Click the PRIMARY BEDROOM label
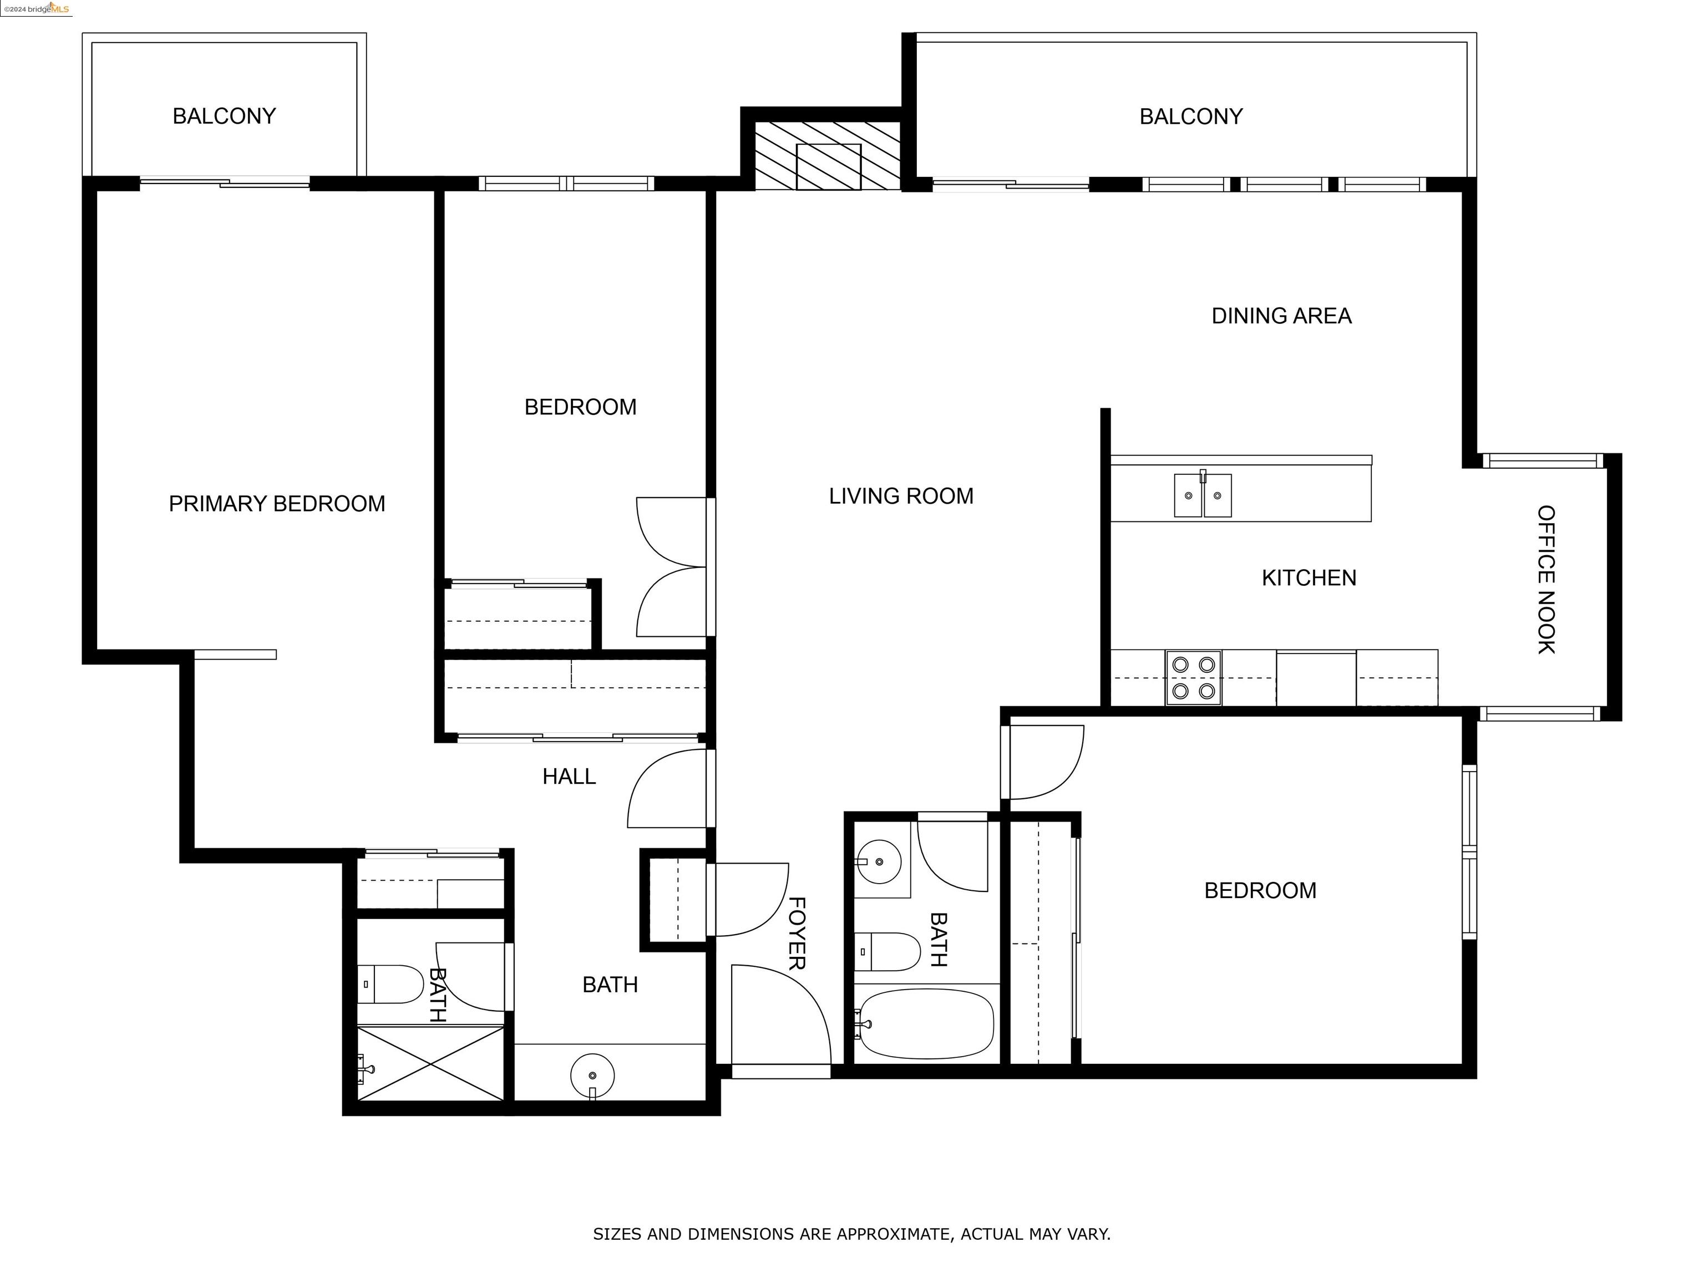[x=277, y=504]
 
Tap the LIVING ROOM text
[x=900, y=496]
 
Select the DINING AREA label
[x=1281, y=316]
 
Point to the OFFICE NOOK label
[x=1545, y=579]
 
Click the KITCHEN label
[x=1308, y=578]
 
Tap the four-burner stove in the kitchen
[x=1193, y=678]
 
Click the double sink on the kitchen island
[x=1202, y=495]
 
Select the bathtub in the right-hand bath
[x=926, y=1025]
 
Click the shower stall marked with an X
[x=430, y=1063]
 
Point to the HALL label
[x=569, y=777]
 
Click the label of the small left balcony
[x=224, y=116]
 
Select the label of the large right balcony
[x=1190, y=117]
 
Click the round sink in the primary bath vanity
[x=592, y=1074]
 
